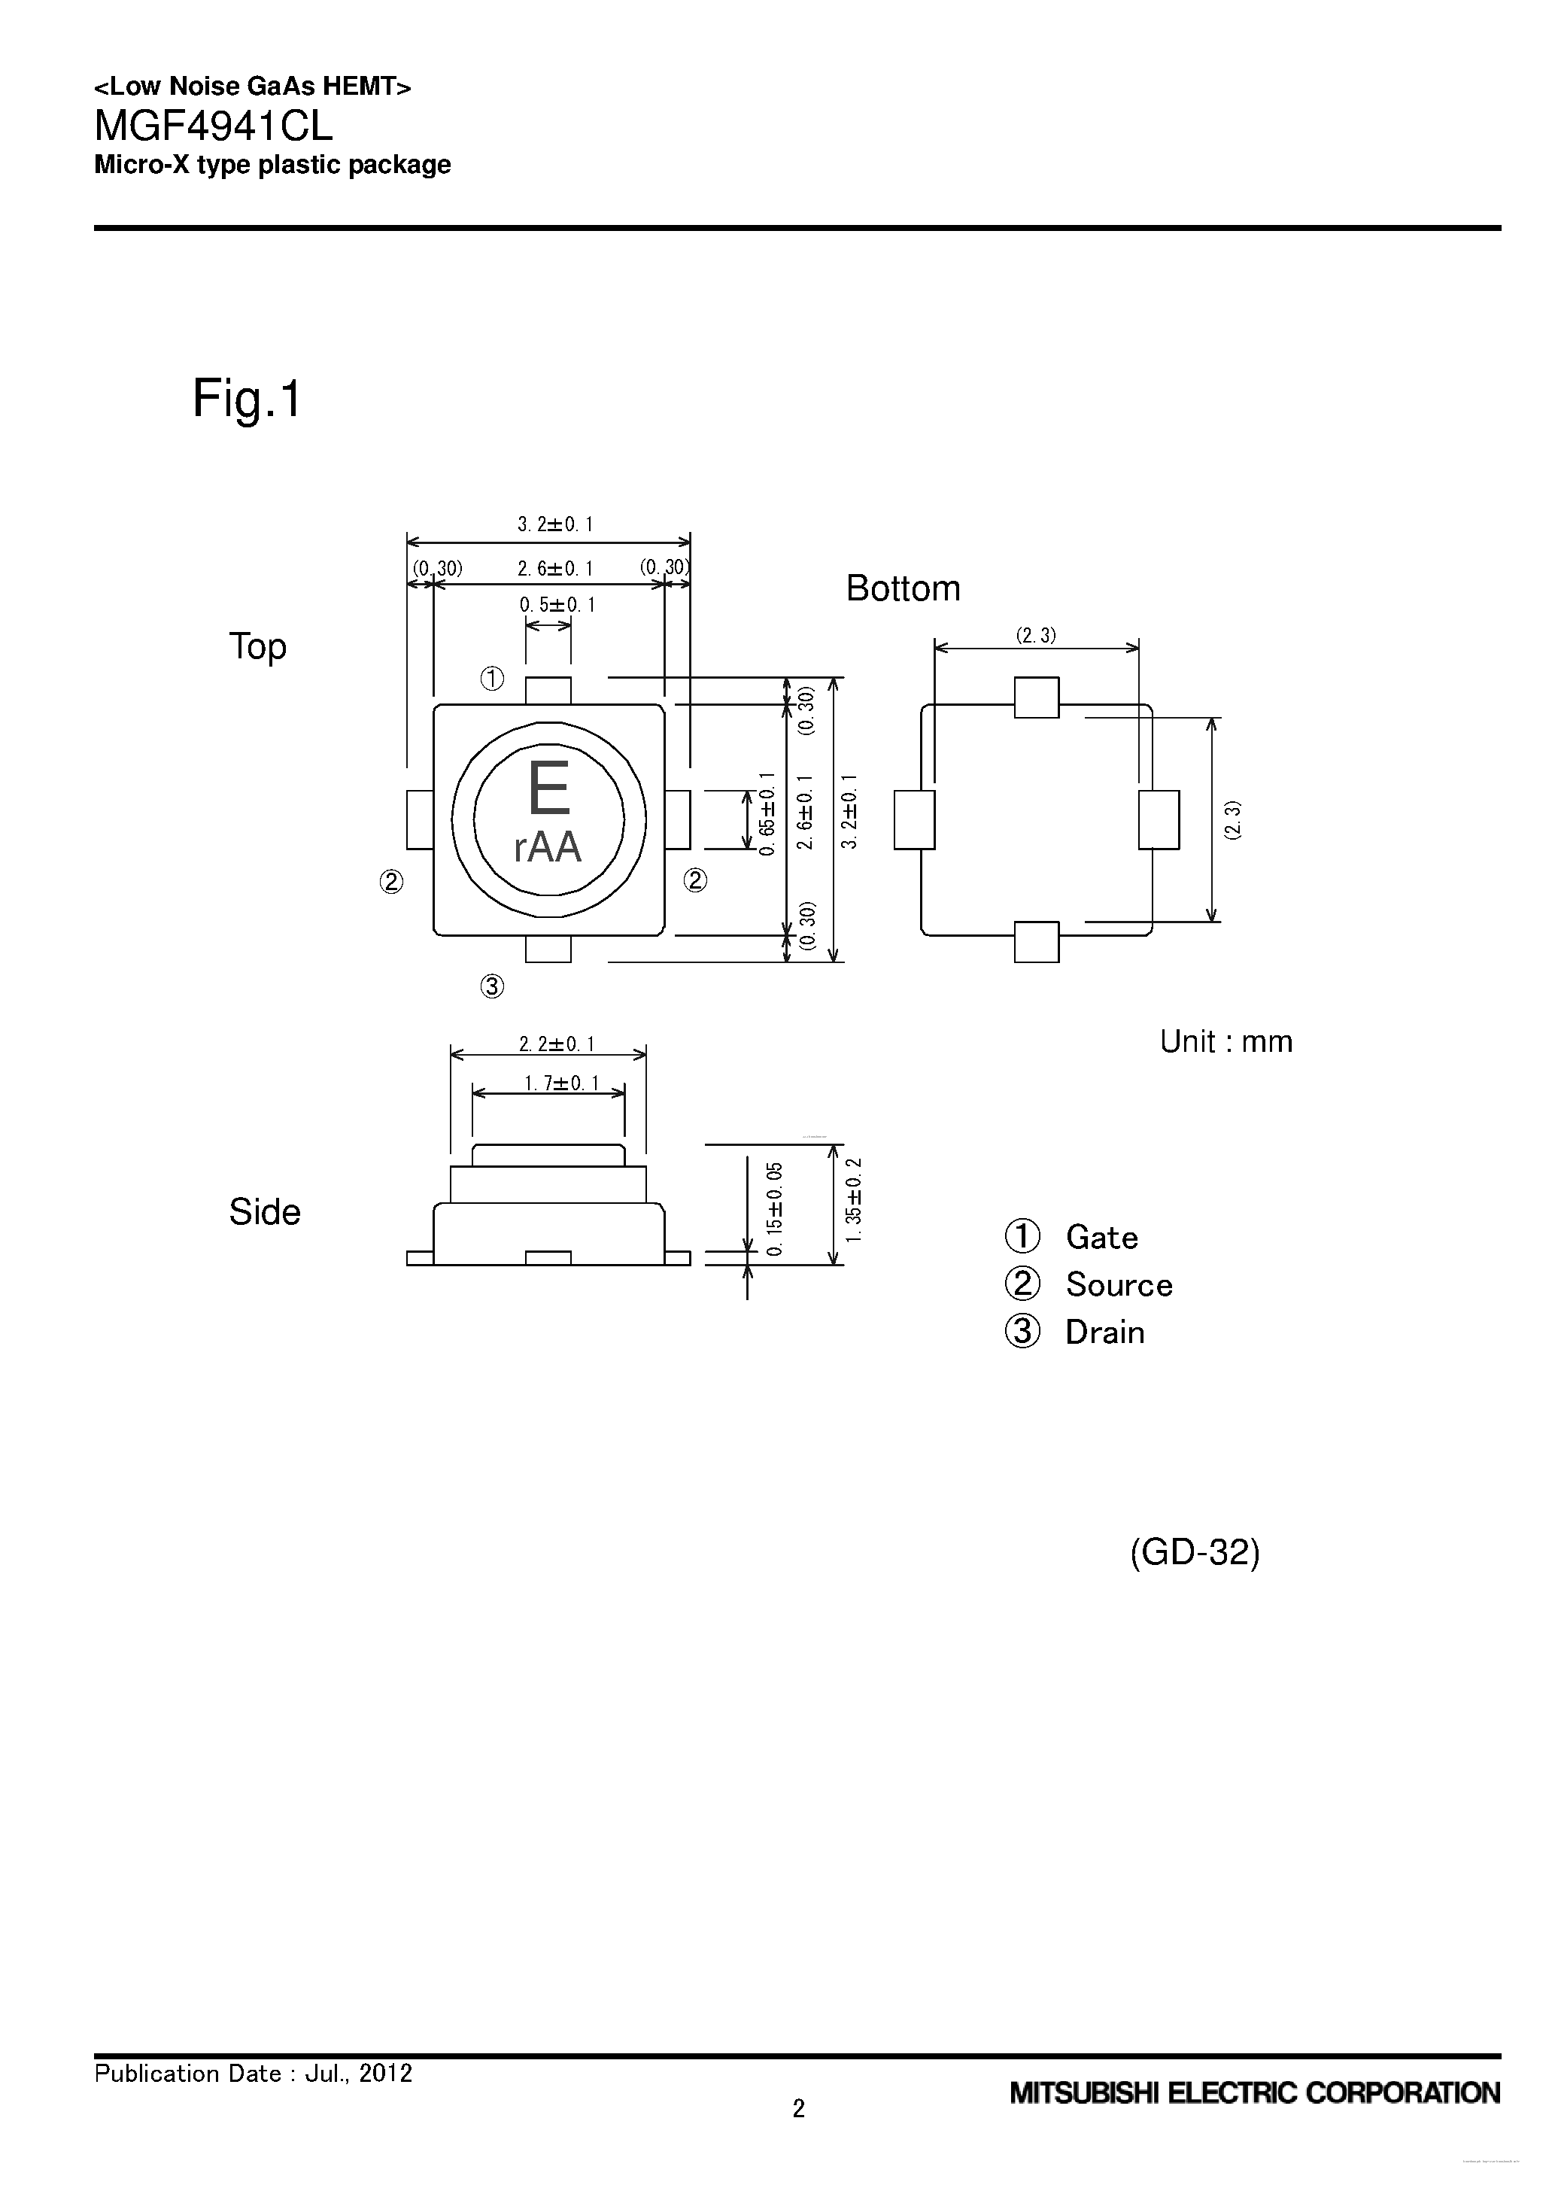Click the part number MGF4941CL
[213, 126]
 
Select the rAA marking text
[548, 847]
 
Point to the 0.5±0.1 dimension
[557, 605]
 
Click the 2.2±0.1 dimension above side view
[556, 1044]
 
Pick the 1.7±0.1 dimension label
[560, 1083]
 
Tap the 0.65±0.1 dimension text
[766, 813]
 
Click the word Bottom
[903, 588]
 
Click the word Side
[265, 1212]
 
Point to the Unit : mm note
[1225, 1041]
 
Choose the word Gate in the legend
[1102, 1237]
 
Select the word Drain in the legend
[1104, 1332]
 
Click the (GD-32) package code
[1195, 1551]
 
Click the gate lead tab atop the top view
[548, 690]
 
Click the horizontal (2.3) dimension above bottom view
[1036, 634]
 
